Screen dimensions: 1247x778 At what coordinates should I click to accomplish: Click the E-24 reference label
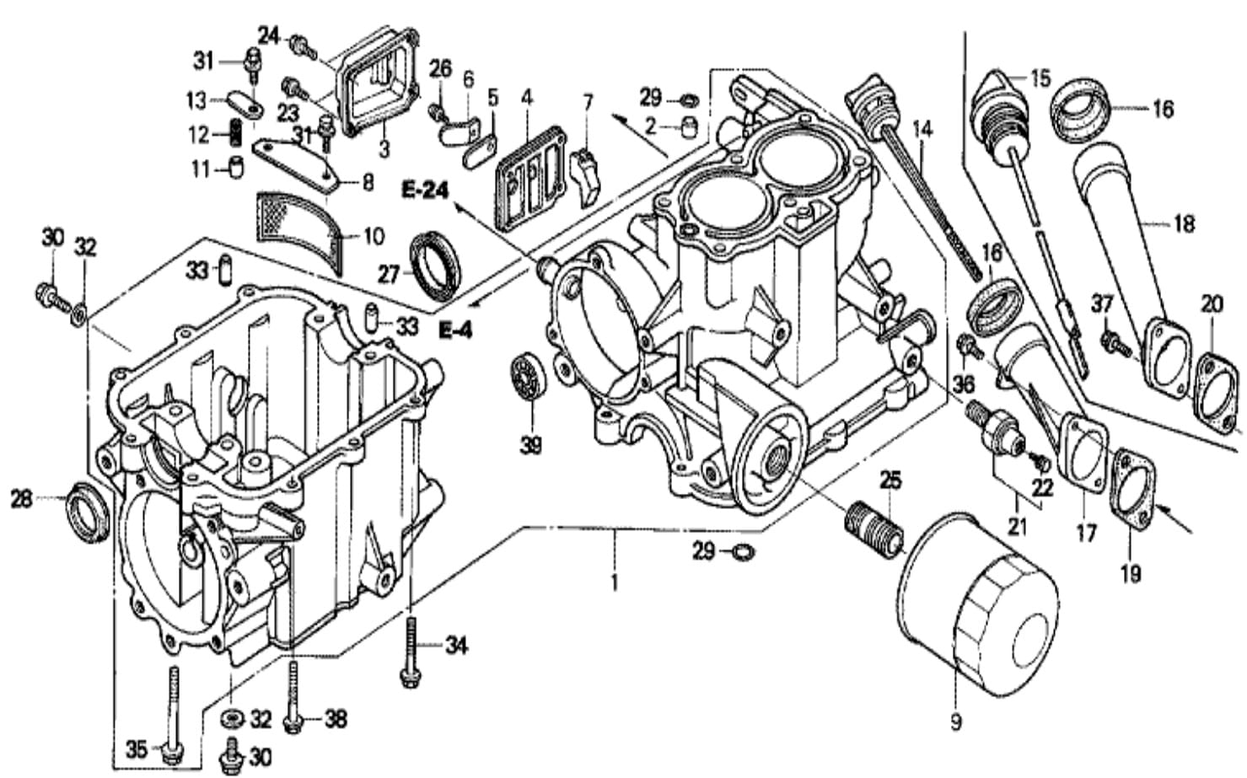(425, 190)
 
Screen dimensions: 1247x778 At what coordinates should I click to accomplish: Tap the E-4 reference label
(455, 330)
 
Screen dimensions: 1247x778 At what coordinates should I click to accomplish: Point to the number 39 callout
(530, 444)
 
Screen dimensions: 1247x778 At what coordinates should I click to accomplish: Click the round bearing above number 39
(529, 376)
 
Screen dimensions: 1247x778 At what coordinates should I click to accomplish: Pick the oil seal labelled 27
(436, 266)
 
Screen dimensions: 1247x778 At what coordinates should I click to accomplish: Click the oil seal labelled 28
(88, 512)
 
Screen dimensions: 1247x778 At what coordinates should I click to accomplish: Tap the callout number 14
(922, 130)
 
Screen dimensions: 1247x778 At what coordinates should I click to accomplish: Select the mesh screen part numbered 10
(301, 231)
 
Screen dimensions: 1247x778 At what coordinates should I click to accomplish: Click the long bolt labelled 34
(411, 652)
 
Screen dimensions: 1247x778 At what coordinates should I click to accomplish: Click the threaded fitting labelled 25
(873, 529)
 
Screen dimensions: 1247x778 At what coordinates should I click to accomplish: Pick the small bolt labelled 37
(1115, 343)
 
